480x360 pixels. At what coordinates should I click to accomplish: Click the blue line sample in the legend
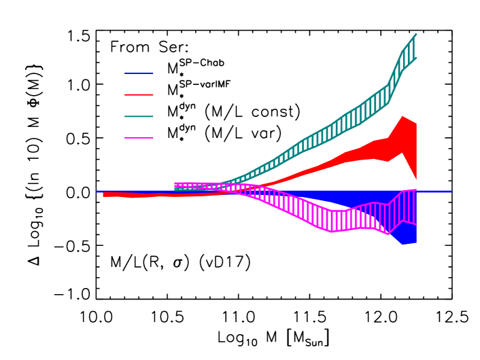point(139,73)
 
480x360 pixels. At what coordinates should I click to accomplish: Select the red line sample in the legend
point(139,94)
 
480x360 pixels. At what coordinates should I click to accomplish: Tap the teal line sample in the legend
point(139,116)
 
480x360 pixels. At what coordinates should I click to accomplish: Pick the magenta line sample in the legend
point(139,138)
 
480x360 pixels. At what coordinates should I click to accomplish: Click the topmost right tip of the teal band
point(416,34)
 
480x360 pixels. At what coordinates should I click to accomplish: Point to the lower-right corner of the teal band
point(416,58)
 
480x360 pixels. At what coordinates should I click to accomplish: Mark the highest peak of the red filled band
point(402,116)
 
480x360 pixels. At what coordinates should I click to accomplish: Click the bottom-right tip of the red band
point(416,180)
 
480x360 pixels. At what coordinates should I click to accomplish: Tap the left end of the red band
point(104,194)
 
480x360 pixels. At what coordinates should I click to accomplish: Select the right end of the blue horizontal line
point(451,191)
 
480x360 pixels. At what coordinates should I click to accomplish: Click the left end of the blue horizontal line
point(97,191)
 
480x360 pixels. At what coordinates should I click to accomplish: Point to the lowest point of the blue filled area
point(402,244)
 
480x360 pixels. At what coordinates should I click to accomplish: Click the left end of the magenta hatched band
point(175,185)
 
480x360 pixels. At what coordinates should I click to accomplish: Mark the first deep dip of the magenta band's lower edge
point(332,232)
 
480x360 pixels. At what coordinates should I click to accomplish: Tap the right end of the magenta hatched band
point(415,207)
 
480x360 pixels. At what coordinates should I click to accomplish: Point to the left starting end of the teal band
point(175,190)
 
